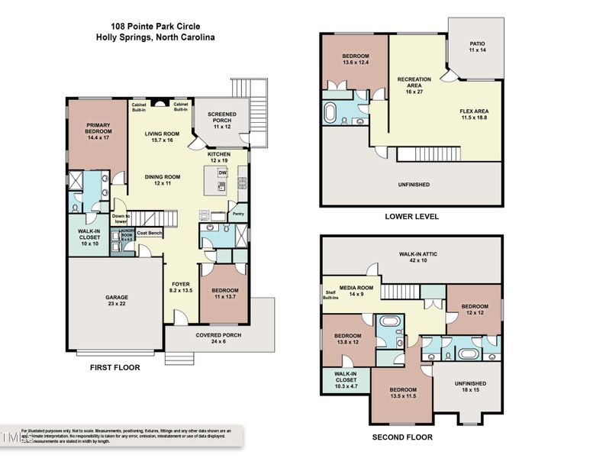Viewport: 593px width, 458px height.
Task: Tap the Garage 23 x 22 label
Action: pyautogui.click(x=117, y=301)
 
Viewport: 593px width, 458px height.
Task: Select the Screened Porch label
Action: pyautogui.click(x=222, y=118)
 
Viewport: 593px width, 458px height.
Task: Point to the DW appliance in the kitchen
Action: pyautogui.click(x=222, y=173)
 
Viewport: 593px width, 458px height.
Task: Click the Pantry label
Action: pyautogui.click(x=238, y=214)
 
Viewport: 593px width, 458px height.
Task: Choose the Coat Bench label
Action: pyautogui.click(x=149, y=232)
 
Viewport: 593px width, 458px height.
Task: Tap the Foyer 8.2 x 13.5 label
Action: pyautogui.click(x=181, y=288)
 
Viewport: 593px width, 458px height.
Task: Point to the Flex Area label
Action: pyautogui.click(x=474, y=114)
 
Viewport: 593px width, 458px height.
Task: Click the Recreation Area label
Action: pyautogui.click(x=414, y=83)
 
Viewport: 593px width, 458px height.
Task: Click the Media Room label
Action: pyautogui.click(x=353, y=290)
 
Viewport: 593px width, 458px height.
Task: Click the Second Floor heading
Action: pyautogui.click(x=402, y=437)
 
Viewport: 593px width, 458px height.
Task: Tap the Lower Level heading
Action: pyautogui.click(x=412, y=217)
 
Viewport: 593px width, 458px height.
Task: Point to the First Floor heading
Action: pyautogui.click(x=115, y=367)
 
